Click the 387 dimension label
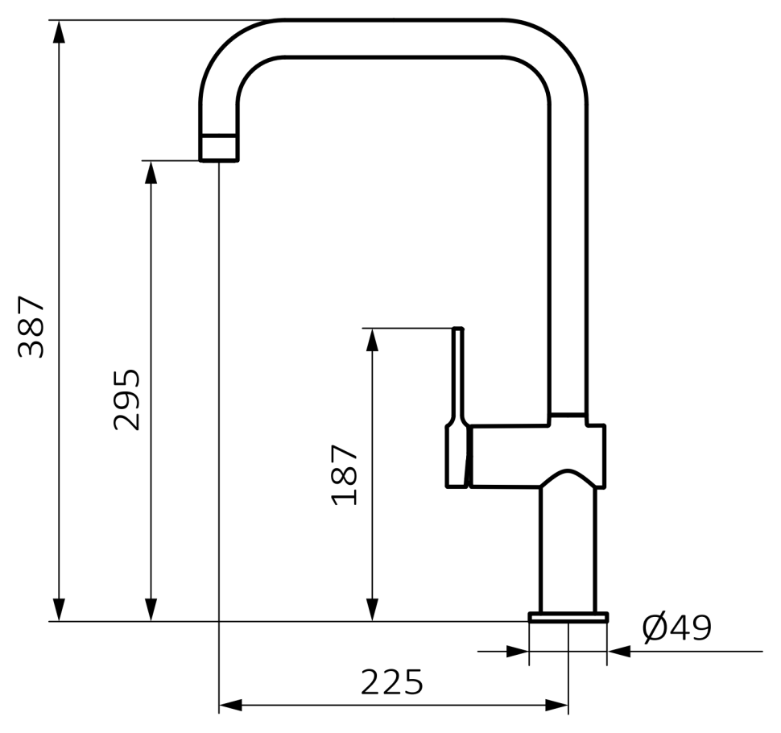(31, 327)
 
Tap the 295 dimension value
(126, 400)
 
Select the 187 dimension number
(344, 475)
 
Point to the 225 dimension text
(391, 682)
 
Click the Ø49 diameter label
(677, 628)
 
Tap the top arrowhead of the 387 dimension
(60, 32)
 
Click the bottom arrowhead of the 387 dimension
(60, 610)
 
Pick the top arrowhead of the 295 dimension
(151, 172)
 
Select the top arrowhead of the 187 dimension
(372, 340)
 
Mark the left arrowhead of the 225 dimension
(230, 705)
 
